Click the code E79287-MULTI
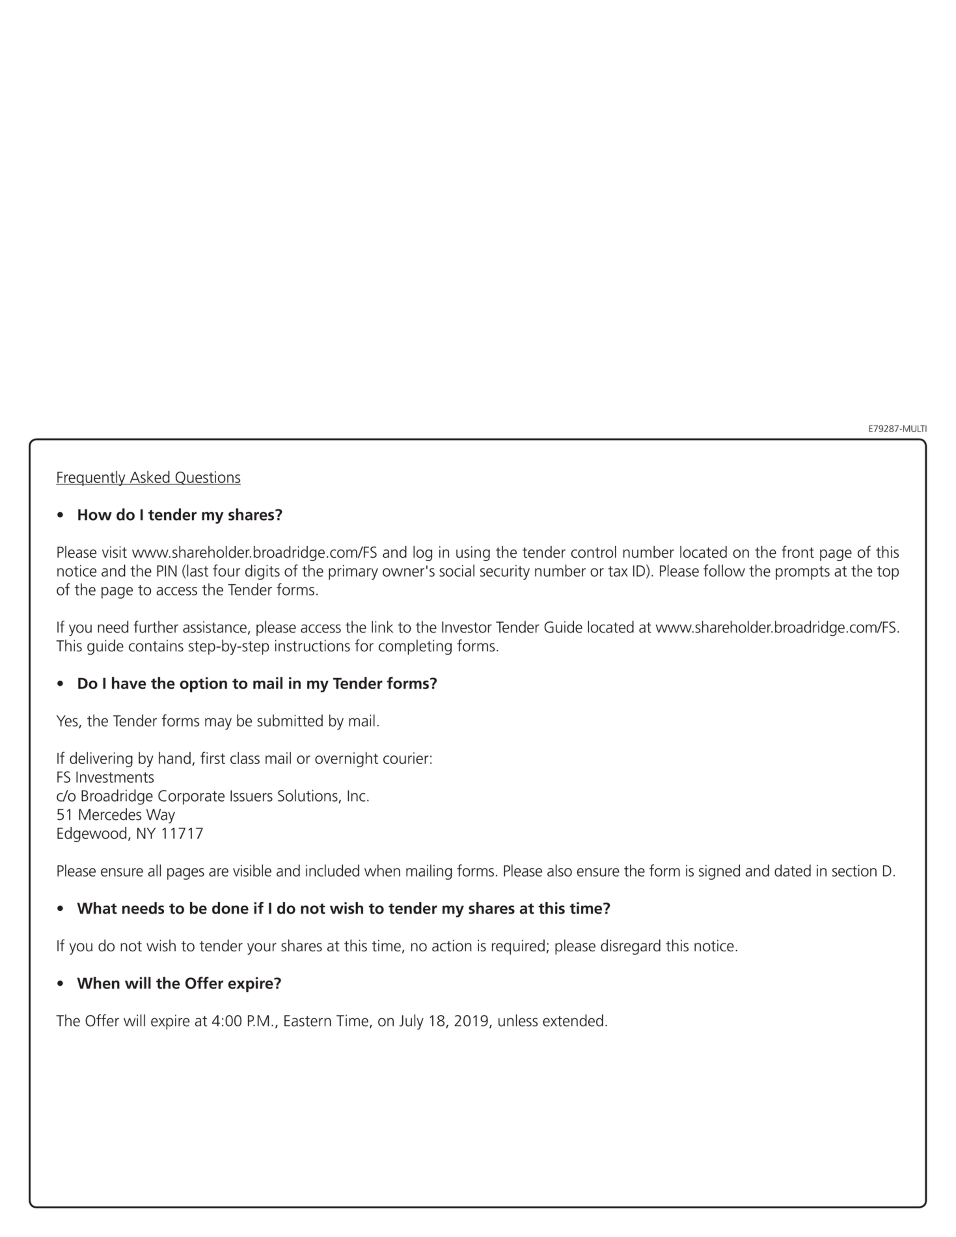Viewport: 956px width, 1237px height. point(897,429)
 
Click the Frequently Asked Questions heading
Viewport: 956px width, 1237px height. point(148,478)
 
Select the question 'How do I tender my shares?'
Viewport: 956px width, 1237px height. point(180,515)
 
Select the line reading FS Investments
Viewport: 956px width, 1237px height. point(105,777)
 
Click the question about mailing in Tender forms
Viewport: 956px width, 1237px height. point(257,684)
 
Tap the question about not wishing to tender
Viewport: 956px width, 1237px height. point(343,908)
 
